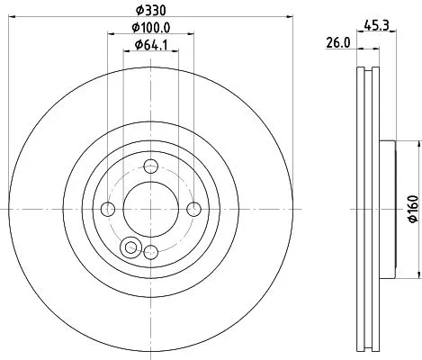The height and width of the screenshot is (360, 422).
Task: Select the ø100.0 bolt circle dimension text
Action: click(x=148, y=27)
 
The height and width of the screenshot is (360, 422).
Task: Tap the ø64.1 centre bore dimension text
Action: click(x=148, y=45)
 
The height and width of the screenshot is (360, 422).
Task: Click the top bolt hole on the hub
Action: click(x=150, y=166)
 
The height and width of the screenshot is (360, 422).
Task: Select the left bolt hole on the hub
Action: click(x=108, y=209)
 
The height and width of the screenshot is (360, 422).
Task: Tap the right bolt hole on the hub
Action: click(x=193, y=209)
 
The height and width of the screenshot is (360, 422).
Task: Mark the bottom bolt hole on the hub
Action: click(x=150, y=252)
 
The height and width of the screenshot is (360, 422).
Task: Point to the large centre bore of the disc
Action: click(x=150, y=209)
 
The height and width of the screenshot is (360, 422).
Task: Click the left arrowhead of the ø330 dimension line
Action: click(x=9, y=16)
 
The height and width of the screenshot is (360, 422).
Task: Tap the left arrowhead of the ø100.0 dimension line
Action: click(x=111, y=34)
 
